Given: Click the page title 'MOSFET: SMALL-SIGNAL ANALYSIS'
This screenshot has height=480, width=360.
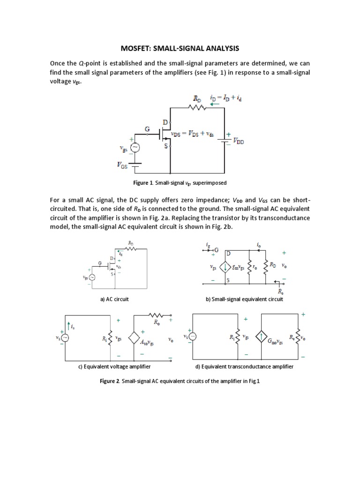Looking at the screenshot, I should tap(180, 48).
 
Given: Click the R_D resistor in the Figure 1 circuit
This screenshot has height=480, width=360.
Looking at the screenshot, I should tap(197, 107).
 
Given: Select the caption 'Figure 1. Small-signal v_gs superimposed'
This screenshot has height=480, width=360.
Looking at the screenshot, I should tap(180, 182).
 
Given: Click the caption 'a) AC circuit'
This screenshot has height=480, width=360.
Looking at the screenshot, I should tap(114, 299).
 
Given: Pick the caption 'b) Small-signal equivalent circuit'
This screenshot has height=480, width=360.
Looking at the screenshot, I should tap(244, 299).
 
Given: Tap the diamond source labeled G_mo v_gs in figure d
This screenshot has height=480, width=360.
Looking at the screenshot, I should tap(260, 337).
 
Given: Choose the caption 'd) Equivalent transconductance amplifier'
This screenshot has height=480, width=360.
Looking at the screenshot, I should tap(244, 367).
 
